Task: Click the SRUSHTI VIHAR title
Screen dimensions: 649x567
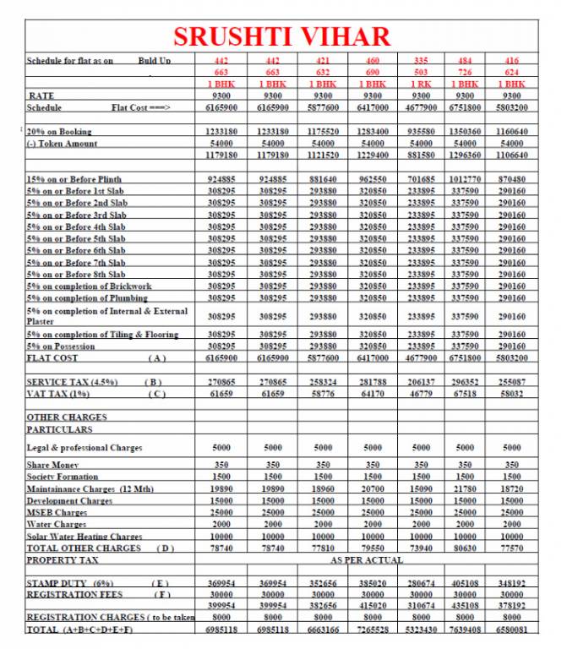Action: [x=282, y=36]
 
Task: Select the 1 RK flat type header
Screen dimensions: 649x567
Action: [x=421, y=85]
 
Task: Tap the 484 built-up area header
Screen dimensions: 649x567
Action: [x=466, y=61]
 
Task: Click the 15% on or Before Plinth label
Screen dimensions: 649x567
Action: [x=74, y=180]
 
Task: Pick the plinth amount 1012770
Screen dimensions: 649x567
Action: [x=466, y=180]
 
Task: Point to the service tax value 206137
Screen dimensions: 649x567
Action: [x=421, y=383]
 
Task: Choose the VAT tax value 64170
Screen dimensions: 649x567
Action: [x=373, y=395]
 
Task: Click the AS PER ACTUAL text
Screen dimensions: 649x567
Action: [x=367, y=560]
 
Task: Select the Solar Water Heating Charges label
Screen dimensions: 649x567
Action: [x=85, y=537]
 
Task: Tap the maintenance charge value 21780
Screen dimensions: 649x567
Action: [x=466, y=489]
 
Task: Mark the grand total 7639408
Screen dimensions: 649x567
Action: [x=466, y=630]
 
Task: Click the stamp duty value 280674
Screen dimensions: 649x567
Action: [x=421, y=584]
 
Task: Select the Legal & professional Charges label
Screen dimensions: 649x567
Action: [x=85, y=448]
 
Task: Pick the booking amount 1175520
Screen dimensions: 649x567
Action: [x=323, y=132]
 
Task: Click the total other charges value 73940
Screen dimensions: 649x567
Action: [x=421, y=548]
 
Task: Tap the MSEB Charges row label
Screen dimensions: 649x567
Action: [x=57, y=513]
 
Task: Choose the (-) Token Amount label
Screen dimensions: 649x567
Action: [x=62, y=144]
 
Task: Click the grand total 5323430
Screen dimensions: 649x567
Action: [x=421, y=630]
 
